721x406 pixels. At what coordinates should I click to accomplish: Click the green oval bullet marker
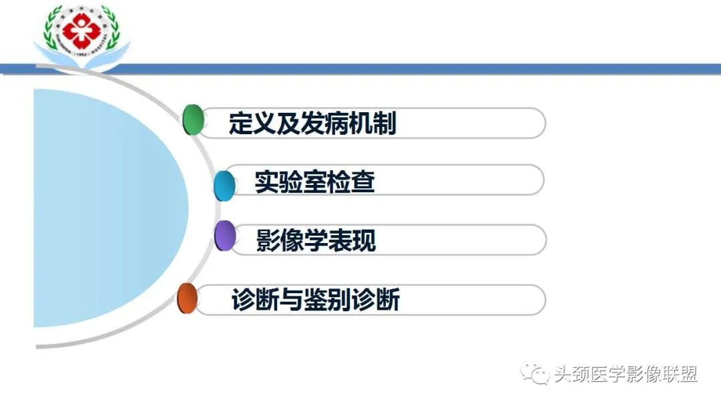[192, 120]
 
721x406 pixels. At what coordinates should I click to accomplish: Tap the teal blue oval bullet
[224, 185]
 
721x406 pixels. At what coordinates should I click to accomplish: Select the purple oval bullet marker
[226, 236]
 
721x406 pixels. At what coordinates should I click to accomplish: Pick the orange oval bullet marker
[187, 298]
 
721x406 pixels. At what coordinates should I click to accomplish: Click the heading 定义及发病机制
[312, 124]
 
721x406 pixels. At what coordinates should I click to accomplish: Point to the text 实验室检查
[314, 182]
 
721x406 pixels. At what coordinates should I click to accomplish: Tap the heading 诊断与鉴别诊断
[315, 300]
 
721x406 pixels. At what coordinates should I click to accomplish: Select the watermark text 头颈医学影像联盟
[626, 375]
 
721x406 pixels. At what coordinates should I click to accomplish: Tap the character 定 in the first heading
[240, 124]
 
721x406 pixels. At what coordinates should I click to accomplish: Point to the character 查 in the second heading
[363, 182]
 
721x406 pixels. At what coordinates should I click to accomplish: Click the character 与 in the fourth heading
[290, 300]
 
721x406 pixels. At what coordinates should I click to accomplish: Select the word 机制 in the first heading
[373, 124]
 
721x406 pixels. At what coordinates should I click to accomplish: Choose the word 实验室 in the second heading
[290, 182]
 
